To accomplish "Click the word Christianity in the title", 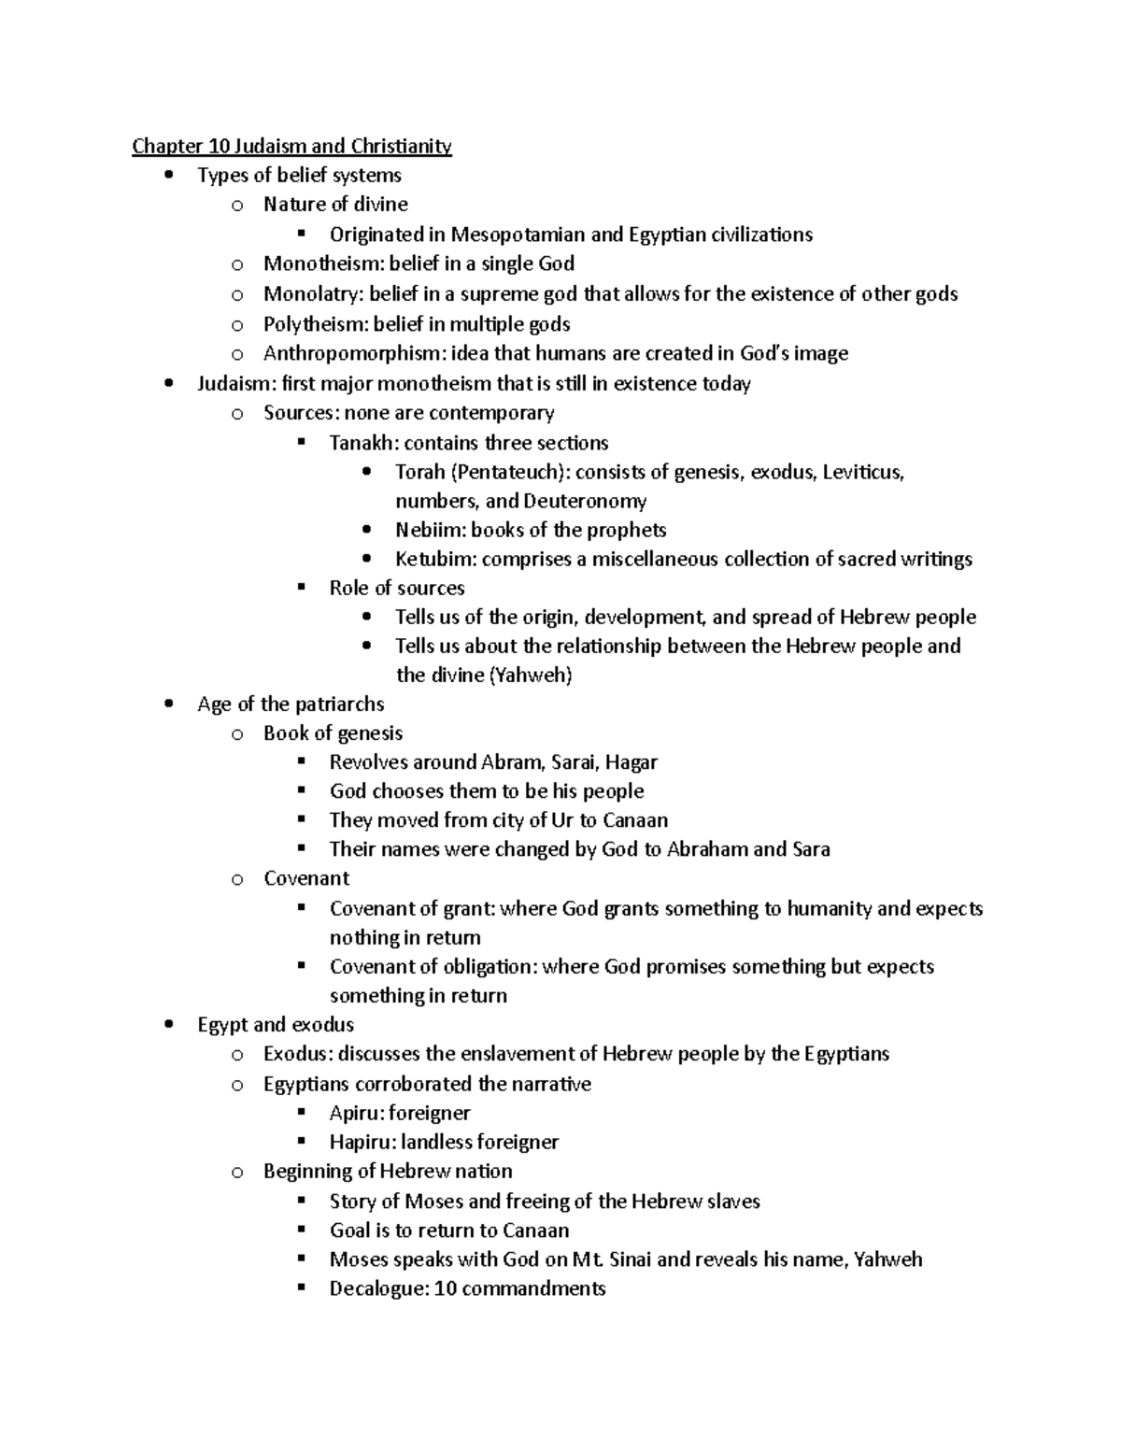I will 401,146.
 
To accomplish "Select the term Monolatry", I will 311,294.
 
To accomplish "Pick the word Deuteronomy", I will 585,501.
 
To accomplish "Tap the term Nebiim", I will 429,530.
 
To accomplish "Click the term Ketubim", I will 435,559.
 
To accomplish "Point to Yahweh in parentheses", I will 530,675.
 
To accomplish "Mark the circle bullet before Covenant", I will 237,879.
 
